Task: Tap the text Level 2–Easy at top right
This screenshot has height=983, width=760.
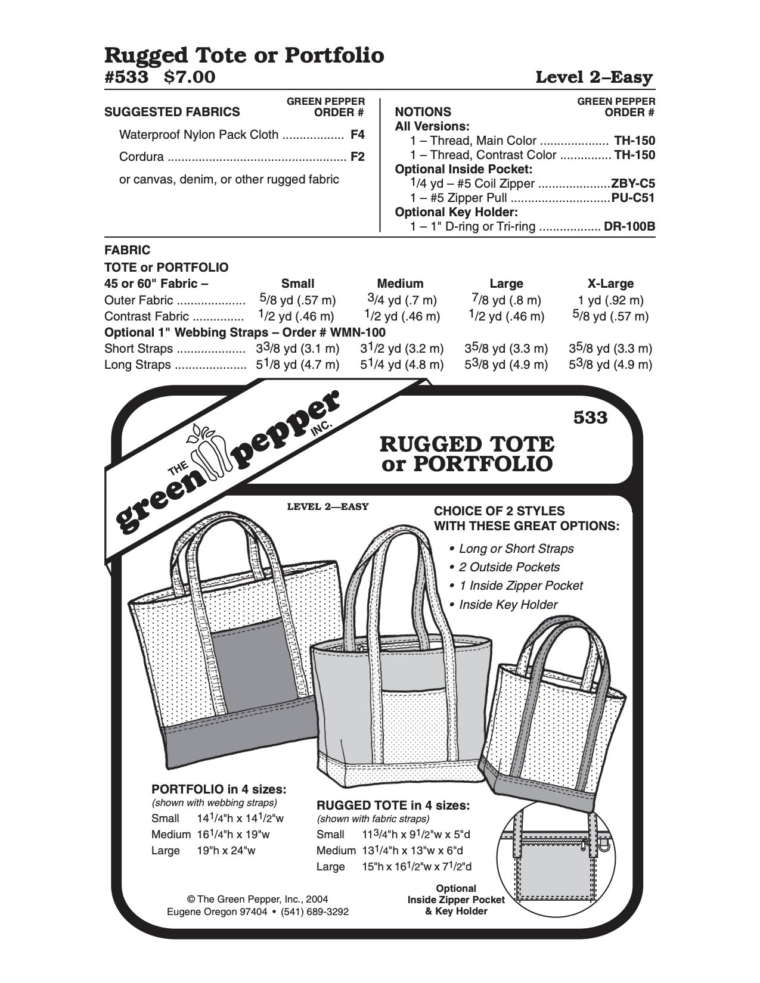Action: coord(594,77)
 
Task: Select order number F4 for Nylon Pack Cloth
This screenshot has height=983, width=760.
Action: coord(357,135)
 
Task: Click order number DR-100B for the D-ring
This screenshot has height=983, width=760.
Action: coord(629,226)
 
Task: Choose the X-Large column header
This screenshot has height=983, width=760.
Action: coord(610,284)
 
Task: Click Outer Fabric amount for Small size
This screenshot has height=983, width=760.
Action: coord(297,300)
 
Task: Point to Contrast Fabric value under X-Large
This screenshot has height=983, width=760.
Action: coord(610,316)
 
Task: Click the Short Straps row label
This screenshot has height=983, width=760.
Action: coord(138,349)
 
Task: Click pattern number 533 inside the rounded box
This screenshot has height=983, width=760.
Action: coord(590,418)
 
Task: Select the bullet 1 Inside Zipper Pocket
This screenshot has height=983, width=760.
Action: coord(520,586)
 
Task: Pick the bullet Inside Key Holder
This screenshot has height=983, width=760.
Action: coord(508,605)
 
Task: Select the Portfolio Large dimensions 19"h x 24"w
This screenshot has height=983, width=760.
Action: coord(227,850)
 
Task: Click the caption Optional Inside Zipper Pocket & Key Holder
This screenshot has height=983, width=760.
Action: coord(456,900)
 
